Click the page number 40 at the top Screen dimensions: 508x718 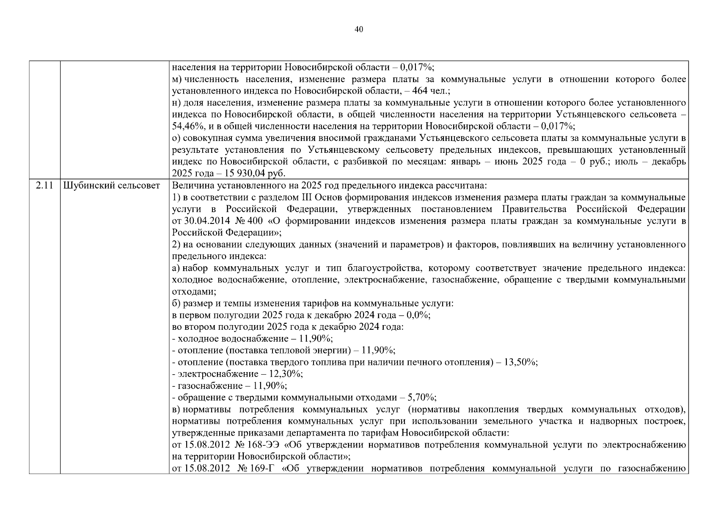click(x=358, y=29)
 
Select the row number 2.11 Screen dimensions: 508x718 click(x=44, y=185)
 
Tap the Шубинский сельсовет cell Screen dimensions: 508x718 click(x=112, y=185)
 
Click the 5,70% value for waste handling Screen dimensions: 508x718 click(x=421, y=398)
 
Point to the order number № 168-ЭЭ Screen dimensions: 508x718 click(x=259, y=445)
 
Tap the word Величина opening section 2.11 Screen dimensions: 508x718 click(x=191, y=185)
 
